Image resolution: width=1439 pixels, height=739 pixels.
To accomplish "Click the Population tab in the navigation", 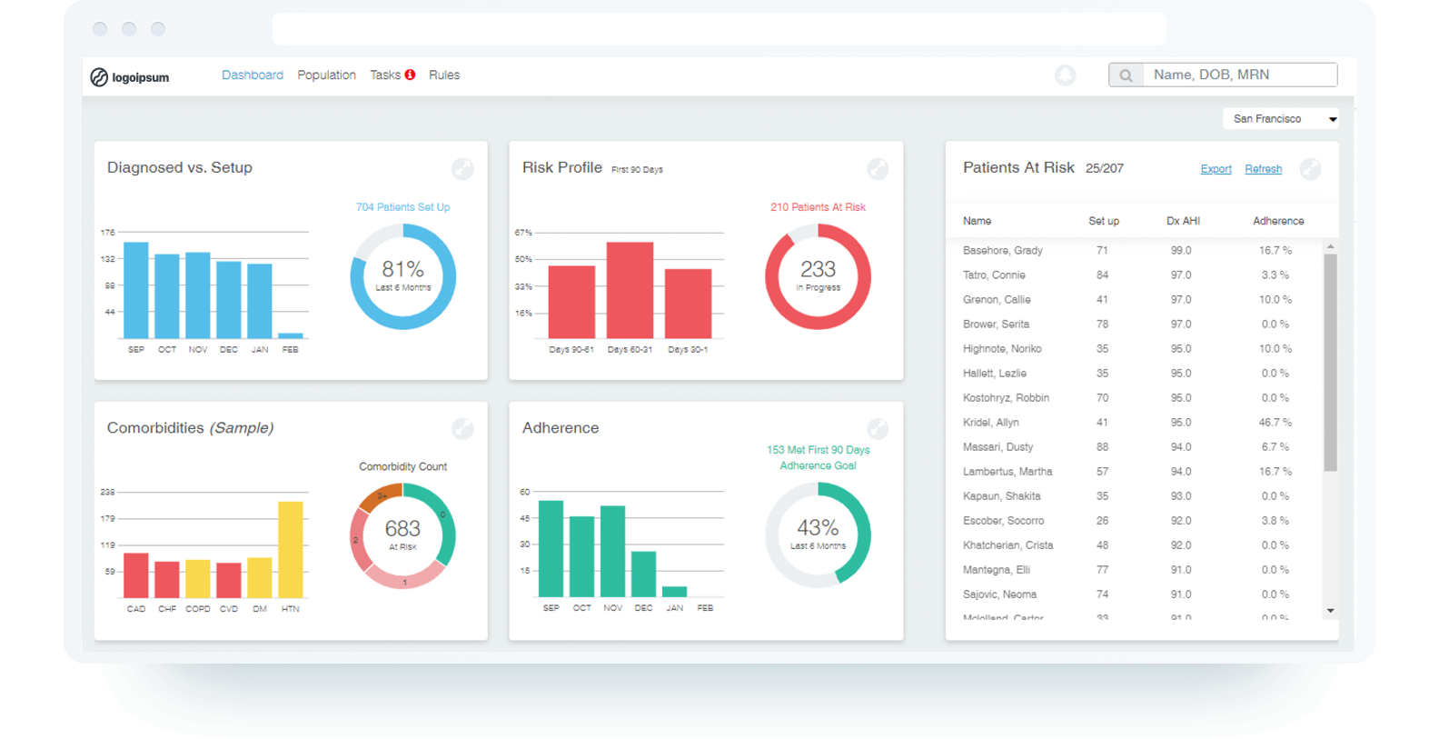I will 326,75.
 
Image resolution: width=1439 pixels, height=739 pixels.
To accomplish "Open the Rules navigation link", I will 444,75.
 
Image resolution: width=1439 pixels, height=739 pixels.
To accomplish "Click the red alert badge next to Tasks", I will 411,75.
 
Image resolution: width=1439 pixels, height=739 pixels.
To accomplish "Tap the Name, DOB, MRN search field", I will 1236,75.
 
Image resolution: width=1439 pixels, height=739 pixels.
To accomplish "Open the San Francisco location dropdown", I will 1282,119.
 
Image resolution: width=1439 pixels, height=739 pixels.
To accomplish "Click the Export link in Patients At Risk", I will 1216,169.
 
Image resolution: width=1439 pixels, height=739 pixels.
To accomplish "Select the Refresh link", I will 1263,169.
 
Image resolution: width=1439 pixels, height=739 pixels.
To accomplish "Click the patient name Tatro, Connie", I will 994,275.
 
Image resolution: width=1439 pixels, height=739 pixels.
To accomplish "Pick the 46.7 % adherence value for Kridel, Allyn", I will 1275,422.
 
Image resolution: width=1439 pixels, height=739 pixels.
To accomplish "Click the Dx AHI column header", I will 1183,221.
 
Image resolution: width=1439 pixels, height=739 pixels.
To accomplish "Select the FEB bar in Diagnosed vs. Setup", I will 291,335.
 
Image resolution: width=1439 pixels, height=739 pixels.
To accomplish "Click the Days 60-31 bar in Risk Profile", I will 630,291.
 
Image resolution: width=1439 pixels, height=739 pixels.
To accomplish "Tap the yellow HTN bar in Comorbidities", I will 291,549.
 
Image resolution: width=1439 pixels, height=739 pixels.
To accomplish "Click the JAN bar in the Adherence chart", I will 674,592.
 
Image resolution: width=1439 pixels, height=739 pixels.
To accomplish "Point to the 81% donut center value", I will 402,269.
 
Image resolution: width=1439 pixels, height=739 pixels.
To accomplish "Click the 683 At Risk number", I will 402,528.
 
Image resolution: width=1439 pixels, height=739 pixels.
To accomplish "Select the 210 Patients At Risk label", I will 818,207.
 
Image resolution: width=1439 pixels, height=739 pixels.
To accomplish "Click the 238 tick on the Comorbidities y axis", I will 108,492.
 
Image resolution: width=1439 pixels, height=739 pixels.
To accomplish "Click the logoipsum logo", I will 130,77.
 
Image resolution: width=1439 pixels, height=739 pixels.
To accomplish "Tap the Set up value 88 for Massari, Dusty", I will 1102,446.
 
